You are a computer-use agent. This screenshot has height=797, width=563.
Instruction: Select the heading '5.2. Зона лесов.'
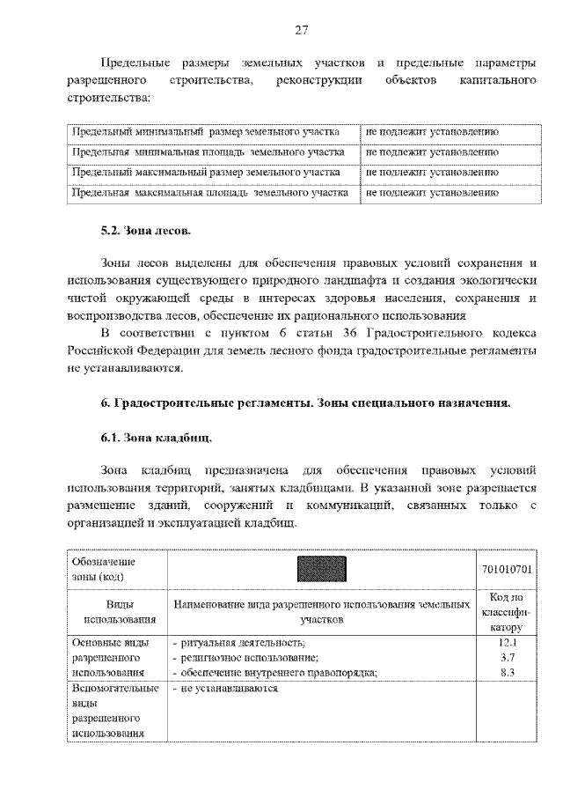[143, 232]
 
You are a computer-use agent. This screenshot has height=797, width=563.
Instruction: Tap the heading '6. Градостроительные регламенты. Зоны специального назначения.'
[304, 403]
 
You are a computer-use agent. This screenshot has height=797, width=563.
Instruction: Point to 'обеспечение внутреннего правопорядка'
[275, 673]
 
